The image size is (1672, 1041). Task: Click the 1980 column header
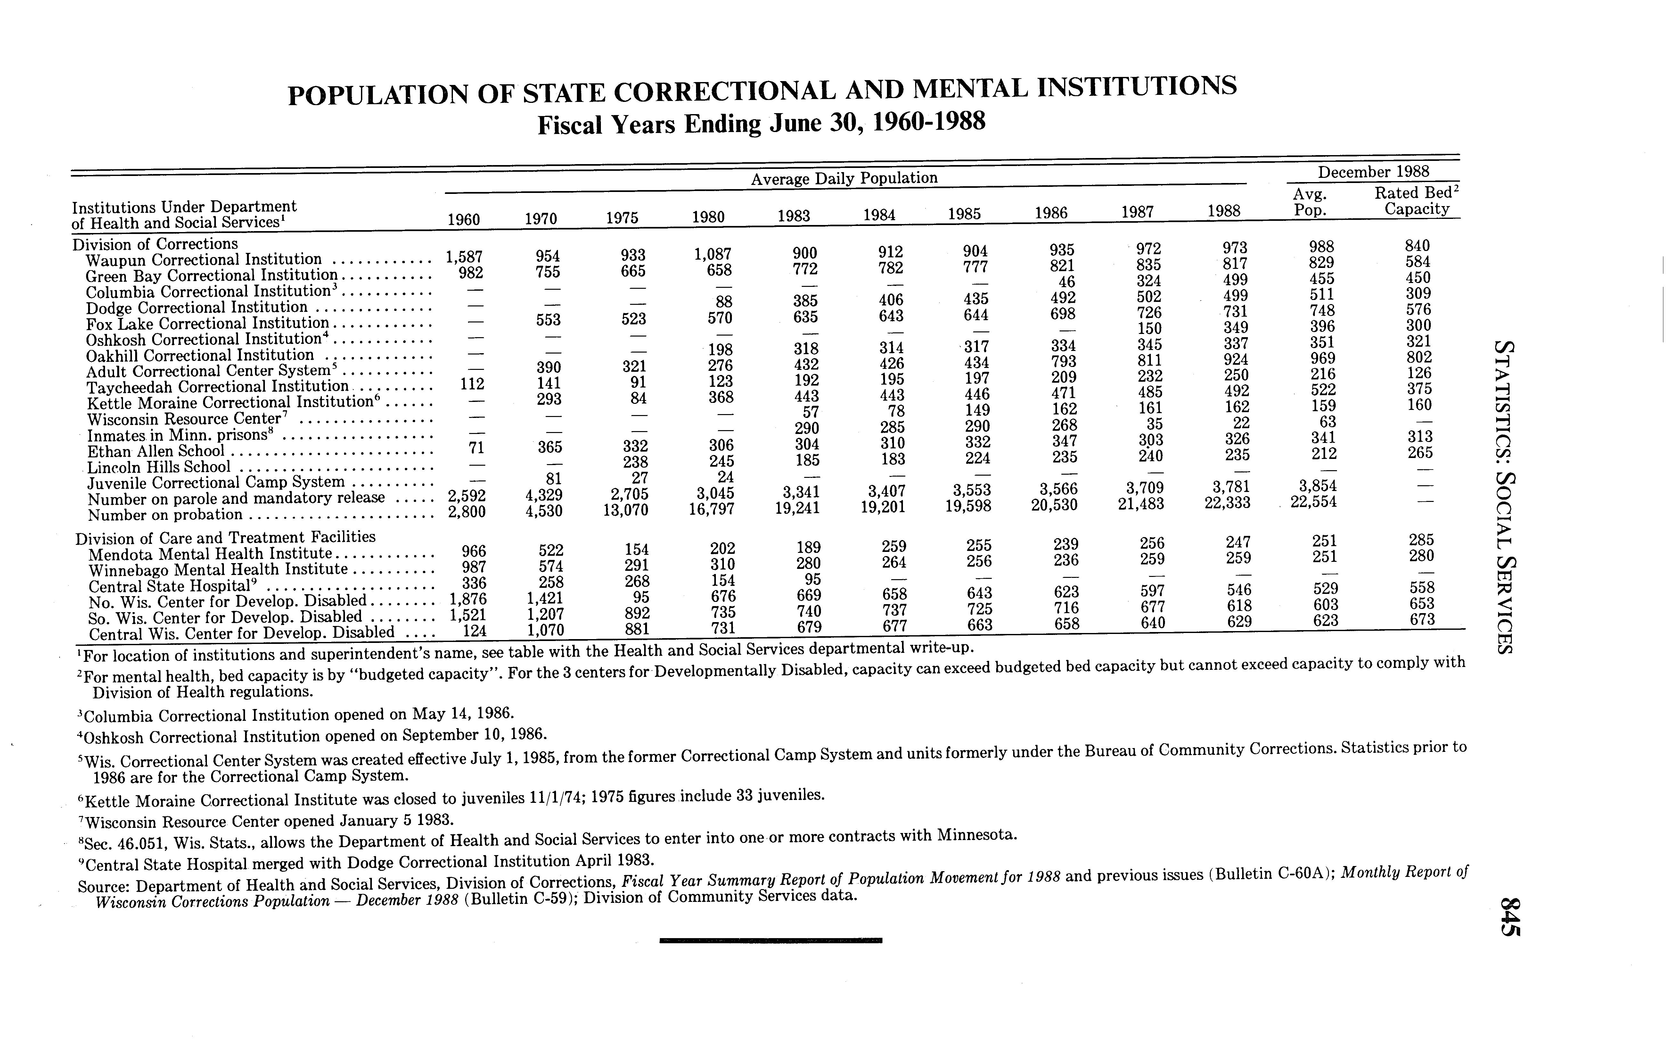(708, 218)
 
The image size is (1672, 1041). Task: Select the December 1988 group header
(1373, 171)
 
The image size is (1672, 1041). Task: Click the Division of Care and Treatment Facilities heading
(226, 537)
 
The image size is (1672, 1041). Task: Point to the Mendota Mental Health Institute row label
(210, 554)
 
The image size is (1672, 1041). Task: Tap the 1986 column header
(1051, 213)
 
